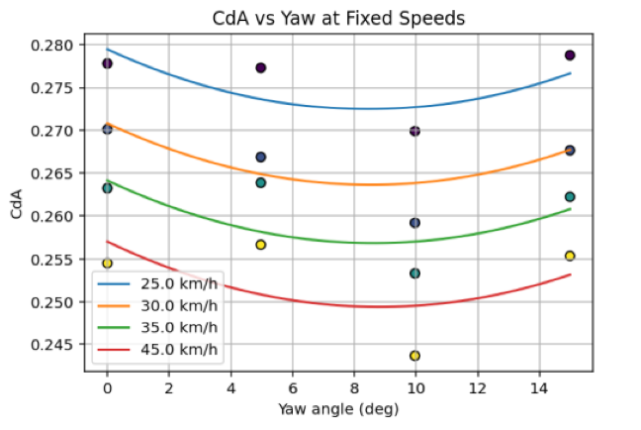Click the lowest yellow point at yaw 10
pos(414,356)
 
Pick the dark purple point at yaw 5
pos(261,68)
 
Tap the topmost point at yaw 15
pos(570,55)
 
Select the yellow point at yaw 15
pos(570,256)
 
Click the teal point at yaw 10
pos(414,273)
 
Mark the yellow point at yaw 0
pos(107,264)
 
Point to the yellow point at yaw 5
pos(261,245)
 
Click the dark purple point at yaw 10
pos(414,131)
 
